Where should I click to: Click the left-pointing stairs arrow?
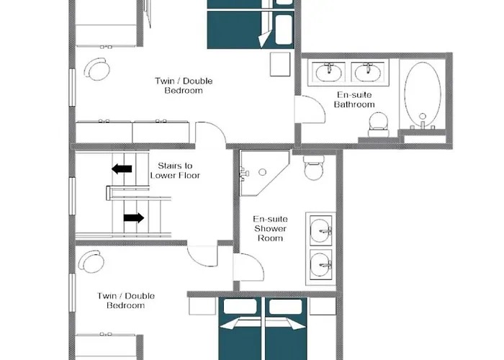[122, 169]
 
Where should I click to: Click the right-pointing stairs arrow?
[133, 217]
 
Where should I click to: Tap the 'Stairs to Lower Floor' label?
[175, 170]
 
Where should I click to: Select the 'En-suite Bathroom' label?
[354, 99]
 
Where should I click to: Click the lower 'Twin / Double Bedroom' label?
[125, 300]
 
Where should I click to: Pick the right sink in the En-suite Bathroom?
[367, 73]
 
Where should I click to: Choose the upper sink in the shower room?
[320, 229]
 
